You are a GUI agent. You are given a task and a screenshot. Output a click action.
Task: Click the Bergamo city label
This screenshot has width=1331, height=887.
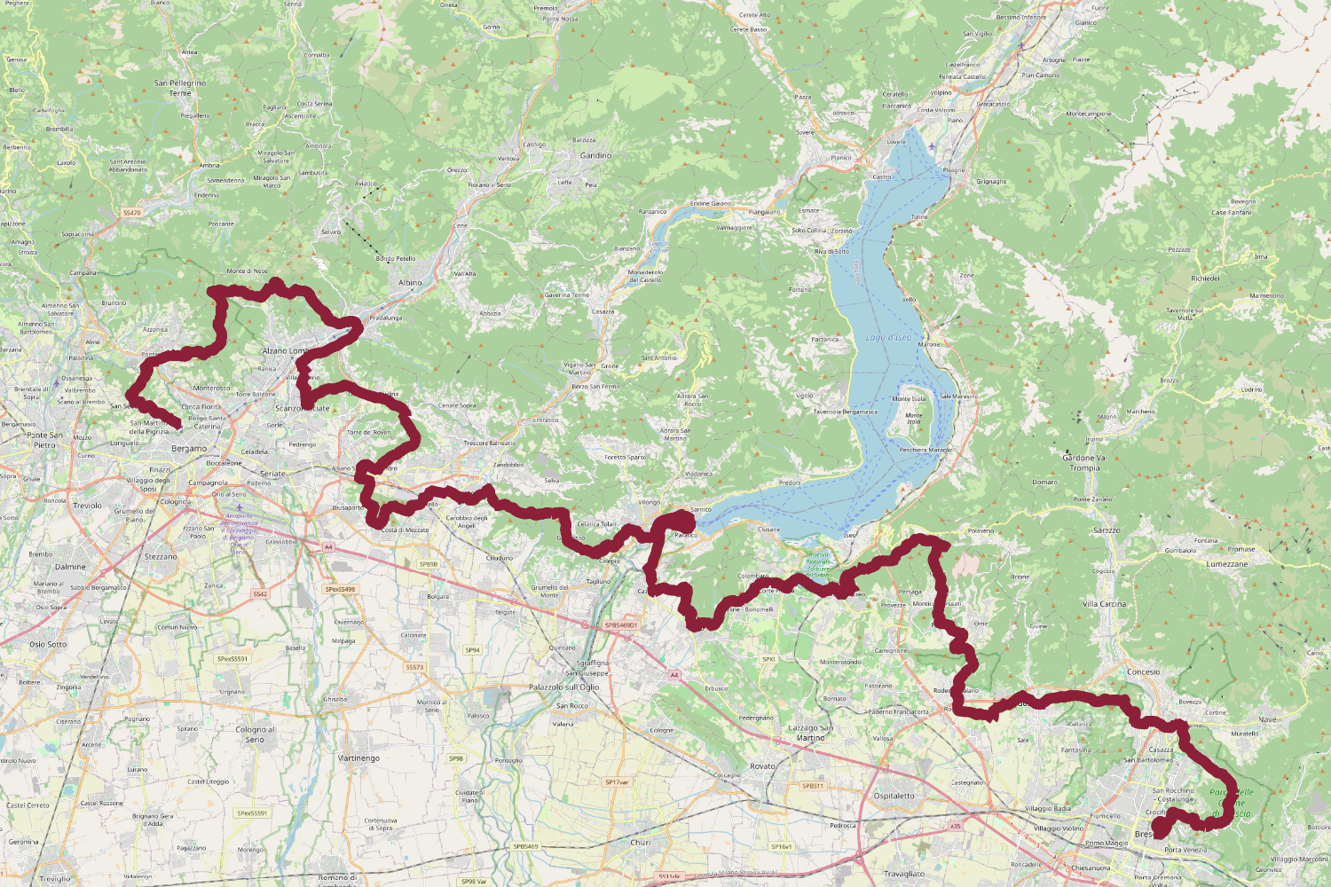point(189,449)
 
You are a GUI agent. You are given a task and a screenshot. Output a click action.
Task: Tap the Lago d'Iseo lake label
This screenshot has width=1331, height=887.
point(888,338)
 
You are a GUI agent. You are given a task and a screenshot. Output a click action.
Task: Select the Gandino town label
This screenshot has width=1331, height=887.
point(595,155)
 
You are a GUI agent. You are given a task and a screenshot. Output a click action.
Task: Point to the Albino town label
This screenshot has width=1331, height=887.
point(410,283)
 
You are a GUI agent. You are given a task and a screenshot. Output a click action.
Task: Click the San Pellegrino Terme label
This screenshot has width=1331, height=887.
point(180,88)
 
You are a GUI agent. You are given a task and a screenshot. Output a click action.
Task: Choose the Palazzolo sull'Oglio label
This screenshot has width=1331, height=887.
point(564,687)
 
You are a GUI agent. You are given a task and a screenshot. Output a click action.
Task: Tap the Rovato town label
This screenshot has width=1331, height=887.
point(762,766)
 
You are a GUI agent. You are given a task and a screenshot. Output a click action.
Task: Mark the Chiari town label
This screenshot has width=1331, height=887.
point(641,843)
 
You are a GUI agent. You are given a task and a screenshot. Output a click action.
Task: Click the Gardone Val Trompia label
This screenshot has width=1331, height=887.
point(1084,463)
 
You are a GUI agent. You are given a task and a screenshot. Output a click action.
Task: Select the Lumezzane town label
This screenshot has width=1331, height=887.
point(1227,564)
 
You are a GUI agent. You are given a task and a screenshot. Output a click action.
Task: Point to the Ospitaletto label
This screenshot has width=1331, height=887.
point(894,796)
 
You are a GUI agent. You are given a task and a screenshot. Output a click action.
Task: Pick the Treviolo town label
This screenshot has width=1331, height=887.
point(87,506)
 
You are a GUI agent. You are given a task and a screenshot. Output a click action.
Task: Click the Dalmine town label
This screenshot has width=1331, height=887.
point(70,567)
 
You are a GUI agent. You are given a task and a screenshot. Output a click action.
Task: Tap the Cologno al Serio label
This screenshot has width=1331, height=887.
point(255,734)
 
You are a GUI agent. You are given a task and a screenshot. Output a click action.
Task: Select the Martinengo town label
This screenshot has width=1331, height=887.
point(358,758)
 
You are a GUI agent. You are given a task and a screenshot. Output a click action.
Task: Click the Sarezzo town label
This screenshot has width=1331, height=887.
point(1107,530)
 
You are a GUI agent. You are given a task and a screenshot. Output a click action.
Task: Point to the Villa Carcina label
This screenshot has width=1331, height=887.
point(1104,604)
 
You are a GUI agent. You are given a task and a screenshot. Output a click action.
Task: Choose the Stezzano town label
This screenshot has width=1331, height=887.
point(161,557)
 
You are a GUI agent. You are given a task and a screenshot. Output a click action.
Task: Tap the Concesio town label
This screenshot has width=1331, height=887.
point(1143,672)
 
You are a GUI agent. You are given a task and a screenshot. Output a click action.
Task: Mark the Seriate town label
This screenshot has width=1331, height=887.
point(272,474)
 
